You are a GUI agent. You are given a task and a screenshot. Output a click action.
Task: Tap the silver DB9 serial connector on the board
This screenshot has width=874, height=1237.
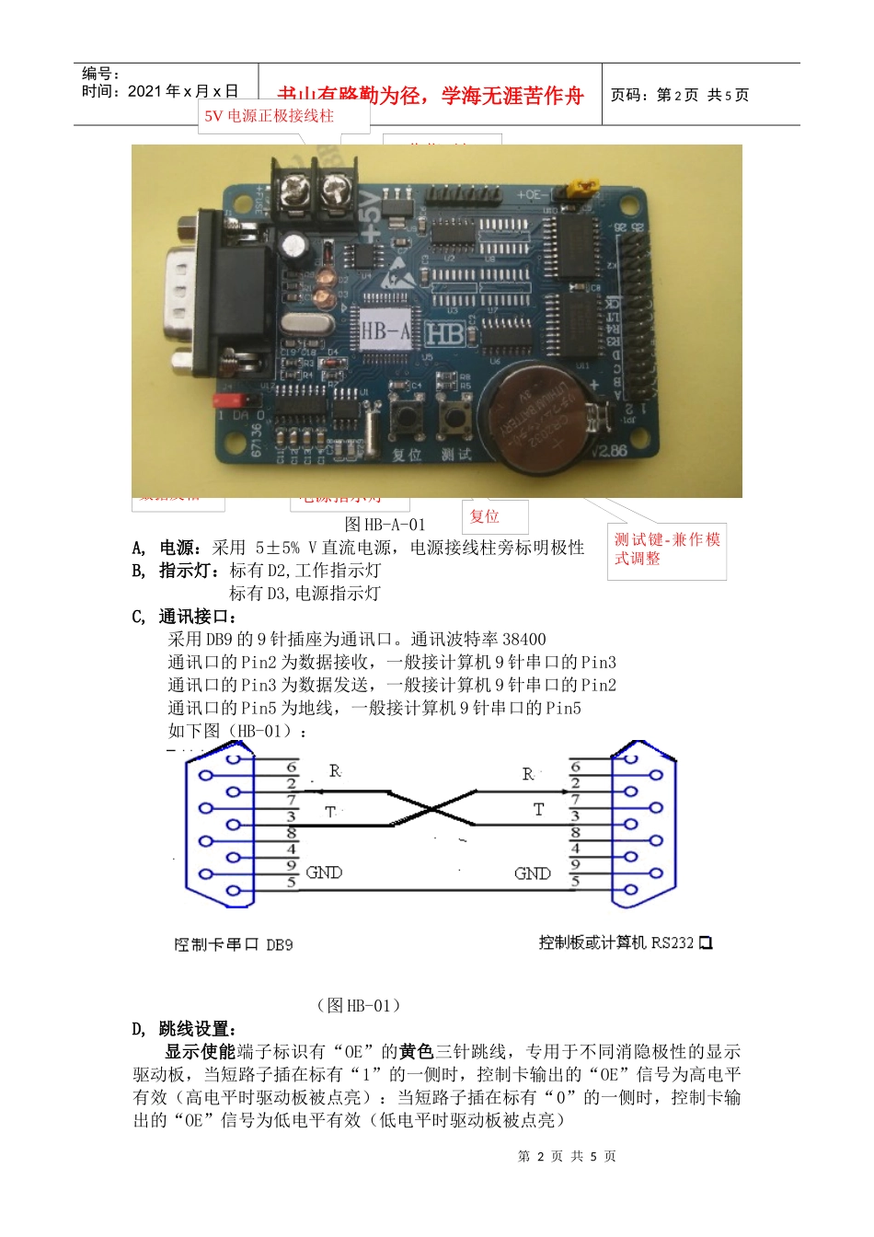point(189,292)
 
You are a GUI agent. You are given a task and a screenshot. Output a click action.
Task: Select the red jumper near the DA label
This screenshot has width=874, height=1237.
point(234,400)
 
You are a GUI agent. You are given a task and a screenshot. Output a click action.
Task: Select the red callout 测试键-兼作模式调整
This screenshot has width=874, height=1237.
point(667,549)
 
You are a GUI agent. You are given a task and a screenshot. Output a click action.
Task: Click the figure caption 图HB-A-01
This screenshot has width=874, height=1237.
point(385,525)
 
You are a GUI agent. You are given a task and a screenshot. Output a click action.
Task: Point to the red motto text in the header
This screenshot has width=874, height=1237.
point(431,96)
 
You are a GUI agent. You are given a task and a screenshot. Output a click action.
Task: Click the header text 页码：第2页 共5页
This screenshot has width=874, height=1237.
point(680,95)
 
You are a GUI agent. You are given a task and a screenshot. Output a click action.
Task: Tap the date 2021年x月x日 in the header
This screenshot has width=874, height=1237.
point(183,91)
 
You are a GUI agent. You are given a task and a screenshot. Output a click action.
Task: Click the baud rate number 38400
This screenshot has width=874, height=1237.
point(524,639)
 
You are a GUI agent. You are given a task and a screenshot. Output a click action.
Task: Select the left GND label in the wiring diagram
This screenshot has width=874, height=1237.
point(324,873)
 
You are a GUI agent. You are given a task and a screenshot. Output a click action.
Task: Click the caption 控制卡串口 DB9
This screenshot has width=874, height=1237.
point(234,944)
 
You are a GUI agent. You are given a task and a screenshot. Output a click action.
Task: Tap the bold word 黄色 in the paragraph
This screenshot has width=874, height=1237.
point(417,1051)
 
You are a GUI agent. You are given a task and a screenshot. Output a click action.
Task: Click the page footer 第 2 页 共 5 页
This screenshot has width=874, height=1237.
point(567,1156)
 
